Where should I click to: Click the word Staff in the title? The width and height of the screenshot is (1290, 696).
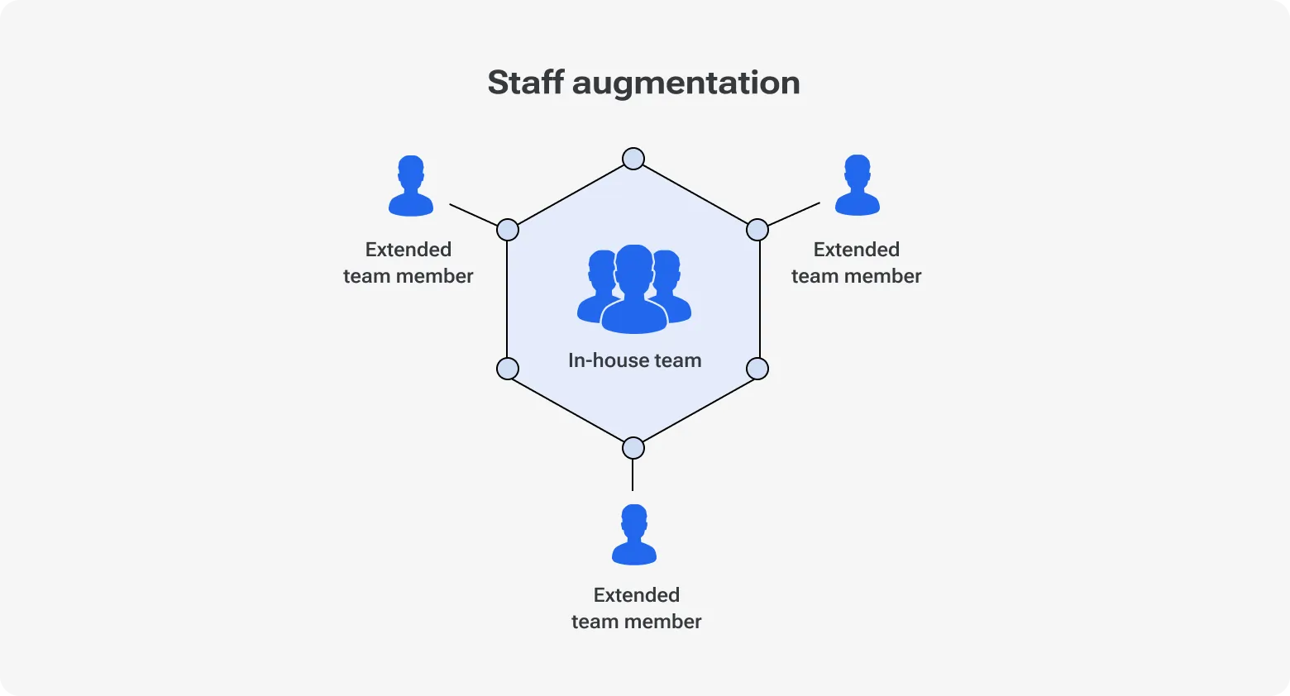tap(525, 83)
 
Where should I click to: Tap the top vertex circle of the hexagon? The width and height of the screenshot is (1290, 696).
tap(633, 159)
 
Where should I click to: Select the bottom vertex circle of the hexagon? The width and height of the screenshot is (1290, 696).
tap(633, 448)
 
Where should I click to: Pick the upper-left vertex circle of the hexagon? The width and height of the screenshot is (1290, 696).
tap(508, 230)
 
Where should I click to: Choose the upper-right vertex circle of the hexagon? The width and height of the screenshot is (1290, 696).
tap(757, 230)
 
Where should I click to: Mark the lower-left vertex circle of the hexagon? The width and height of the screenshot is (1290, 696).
tap(508, 369)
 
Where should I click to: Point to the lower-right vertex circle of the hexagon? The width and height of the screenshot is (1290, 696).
tap(757, 369)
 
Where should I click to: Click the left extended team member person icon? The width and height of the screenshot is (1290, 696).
tap(411, 187)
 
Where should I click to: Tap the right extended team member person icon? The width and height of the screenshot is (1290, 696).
tap(858, 186)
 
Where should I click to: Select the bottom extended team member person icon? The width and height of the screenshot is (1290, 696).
tap(634, 536)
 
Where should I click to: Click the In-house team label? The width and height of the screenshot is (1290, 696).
tap(634, 360)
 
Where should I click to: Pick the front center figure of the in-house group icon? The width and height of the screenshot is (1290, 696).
tap(634, 289)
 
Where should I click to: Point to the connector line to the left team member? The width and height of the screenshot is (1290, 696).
tap(473, 214)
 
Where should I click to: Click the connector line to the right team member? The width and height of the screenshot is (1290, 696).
tap(794, 214)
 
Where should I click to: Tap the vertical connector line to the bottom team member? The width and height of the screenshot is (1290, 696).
tap(633, 475)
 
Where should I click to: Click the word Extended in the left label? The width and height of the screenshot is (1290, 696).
tap(408, 250)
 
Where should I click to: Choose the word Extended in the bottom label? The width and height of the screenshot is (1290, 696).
tap(637, 595)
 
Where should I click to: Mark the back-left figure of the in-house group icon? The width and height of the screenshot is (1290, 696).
tap(598, 281)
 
